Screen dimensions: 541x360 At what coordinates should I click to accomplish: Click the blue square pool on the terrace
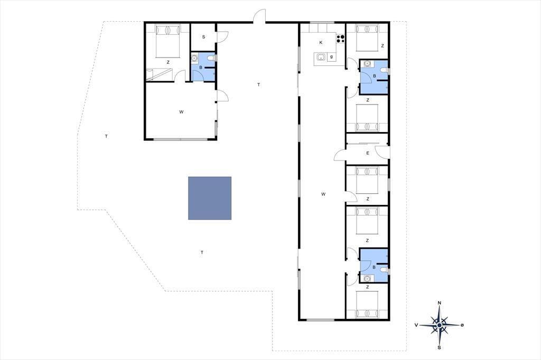coord(210,198)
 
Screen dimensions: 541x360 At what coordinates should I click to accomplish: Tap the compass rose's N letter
coord(439,303)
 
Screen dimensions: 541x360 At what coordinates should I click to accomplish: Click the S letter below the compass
coord(439,347)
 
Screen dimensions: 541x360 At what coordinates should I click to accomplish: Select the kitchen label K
coord(321,43)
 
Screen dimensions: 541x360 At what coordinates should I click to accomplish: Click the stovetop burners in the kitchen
coord(341,39)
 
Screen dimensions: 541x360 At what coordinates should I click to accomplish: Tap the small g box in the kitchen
coord(332,57)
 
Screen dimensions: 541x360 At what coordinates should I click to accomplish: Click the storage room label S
coord(203,37)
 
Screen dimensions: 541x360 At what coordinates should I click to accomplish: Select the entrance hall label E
coord(368,153)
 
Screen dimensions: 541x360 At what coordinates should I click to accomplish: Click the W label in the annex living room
coord(181,112)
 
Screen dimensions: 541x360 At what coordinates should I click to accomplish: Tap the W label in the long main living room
coord(323,194)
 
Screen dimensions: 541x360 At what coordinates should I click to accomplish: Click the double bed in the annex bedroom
coord(168,41)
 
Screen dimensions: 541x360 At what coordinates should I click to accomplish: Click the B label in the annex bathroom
coord(201,67)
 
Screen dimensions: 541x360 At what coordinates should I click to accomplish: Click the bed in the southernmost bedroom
coord(367,304)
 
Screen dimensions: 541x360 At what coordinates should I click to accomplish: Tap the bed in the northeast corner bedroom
coord(367,37)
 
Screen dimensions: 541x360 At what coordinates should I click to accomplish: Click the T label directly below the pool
coord(202,252)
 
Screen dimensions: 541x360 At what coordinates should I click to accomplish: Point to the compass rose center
coord(439,325)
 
